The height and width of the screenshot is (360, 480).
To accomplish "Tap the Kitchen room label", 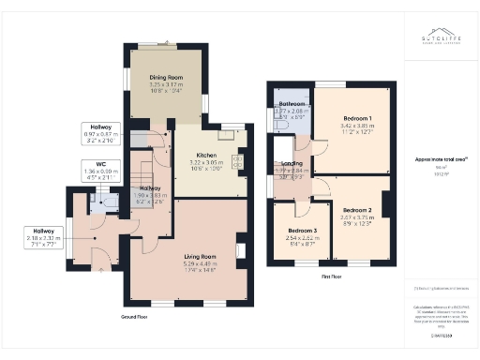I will [x=206, y=155].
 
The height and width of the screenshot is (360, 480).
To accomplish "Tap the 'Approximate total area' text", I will [x=434, y=159].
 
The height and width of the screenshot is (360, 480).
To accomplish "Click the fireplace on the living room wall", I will [x=242, y=250].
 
